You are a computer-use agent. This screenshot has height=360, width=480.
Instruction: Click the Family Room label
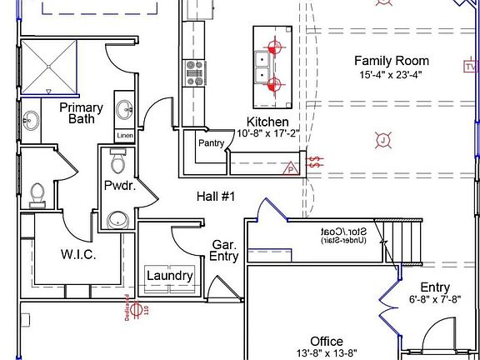pyautogui.click(x=392, y=61)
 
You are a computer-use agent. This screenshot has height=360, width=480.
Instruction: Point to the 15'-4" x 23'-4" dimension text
pyautogui.click(x=392, y=74)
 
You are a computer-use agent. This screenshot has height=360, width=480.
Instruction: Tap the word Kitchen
pyautogui.click(x=262, y=122)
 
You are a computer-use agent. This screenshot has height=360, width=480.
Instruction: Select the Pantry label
pyautogui.click(x=211, y=143)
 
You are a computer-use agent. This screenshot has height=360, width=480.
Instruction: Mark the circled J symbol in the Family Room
pyautogui.click(x=382, y=141)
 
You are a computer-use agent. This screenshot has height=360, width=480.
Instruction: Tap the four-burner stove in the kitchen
pyautogui.click(x=195, y=72)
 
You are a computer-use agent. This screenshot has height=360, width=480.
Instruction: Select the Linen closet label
pyautogui.click(x=124, y=135)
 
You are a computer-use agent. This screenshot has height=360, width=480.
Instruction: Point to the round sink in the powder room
pyautogui.click(x=118, y=220)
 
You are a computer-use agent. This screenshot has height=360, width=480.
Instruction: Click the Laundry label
pyautogui.click(x=170, y=276)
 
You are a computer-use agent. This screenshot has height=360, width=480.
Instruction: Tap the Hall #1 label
pyautogui.click(x=216, y=197)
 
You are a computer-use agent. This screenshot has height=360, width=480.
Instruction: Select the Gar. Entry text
pyautogui.click(x=225, y=251)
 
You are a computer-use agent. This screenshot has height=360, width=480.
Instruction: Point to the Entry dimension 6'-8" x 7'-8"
pyautogui.click(x=434, y=299)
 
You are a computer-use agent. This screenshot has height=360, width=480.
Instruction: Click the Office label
pyautogui.click(x=327, y=342)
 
